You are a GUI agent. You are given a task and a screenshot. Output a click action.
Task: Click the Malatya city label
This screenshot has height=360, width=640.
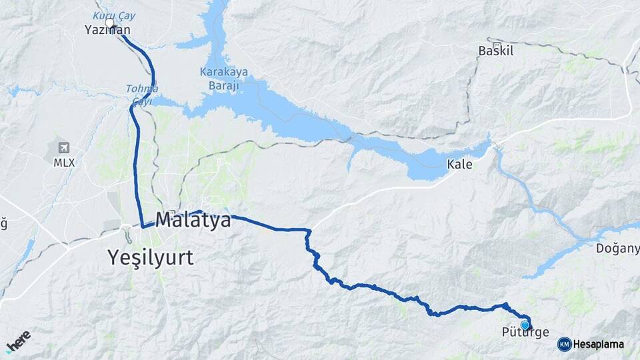[193, 220]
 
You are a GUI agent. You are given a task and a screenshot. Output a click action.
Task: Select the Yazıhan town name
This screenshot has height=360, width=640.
[107, 30]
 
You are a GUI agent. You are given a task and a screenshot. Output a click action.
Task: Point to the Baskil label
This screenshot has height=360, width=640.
[496, 51]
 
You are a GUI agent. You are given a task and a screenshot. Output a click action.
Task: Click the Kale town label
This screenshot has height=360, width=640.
[459, 164]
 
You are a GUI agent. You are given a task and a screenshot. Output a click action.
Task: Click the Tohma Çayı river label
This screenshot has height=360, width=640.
[142, 95]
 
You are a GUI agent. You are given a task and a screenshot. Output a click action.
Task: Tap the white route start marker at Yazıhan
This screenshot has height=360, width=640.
[110, 23]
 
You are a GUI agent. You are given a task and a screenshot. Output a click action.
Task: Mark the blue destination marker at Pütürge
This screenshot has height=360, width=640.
[525, 325]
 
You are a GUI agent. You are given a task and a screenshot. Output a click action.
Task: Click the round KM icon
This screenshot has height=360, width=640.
[564, 344]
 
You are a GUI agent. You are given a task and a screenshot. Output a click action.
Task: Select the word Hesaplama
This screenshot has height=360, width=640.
[599, 345]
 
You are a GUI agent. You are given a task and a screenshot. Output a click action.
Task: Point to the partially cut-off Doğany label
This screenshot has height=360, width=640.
[618, 249]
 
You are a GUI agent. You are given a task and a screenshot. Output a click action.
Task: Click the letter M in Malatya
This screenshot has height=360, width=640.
[165, 220]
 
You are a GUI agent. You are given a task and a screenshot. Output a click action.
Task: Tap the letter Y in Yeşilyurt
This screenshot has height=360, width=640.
[114, 257]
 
